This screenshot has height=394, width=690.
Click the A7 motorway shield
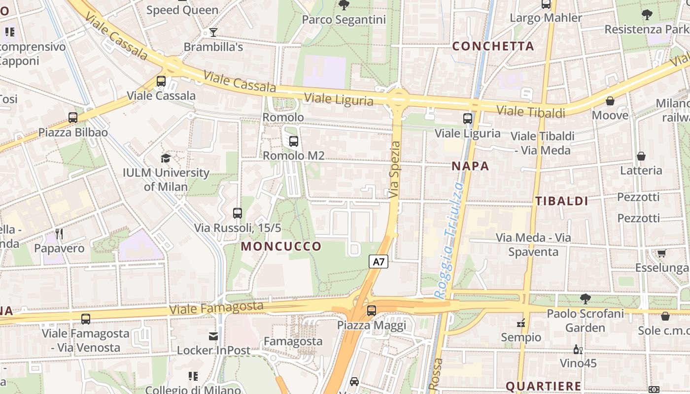(379, 262)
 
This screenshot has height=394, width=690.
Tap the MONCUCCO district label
(281, 246)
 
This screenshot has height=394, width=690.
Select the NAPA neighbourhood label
(471, 166)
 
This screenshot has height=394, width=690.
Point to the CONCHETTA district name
(493, 46)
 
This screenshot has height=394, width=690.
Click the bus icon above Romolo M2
(294, 141)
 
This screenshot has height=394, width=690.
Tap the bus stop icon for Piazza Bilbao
(73, 118)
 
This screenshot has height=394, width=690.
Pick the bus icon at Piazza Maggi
(372, 311)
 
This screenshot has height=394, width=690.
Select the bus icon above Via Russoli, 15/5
(238, 213)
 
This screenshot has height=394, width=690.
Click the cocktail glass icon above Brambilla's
(213, 33)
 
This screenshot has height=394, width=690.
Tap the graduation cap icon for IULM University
(166, 158)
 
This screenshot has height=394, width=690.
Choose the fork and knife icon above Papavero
(59, 233)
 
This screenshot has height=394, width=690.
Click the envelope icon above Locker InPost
(213, 336)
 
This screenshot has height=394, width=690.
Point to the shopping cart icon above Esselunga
(661, 253)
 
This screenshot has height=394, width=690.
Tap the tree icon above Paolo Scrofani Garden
(585, 298)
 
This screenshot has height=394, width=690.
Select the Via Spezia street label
(395, 170)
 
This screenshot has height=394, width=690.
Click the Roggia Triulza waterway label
(449, 240)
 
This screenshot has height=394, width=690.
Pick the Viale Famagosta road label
(216, 308)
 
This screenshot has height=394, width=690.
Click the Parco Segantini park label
(344, 20)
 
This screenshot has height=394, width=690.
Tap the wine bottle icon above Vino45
(578, 349)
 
